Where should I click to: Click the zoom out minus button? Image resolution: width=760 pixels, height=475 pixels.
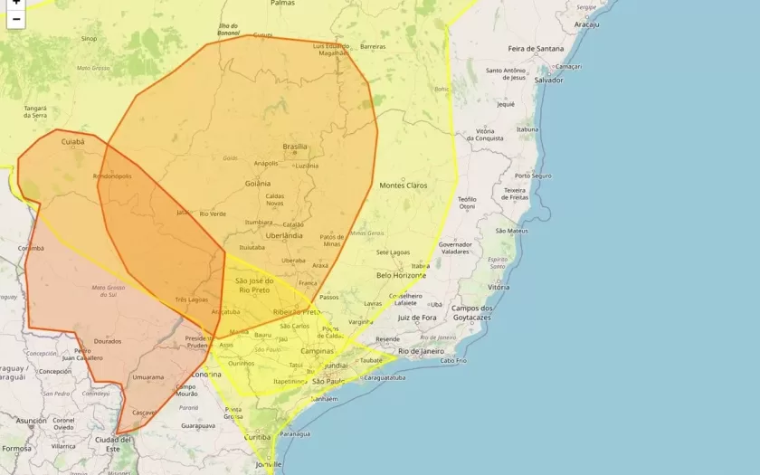pos(15,19)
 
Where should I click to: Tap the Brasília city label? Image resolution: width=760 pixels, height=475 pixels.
pos(295,147)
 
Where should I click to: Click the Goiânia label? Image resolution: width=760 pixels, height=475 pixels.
pos(257,183)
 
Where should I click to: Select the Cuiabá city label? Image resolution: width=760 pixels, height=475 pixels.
pos(72,142)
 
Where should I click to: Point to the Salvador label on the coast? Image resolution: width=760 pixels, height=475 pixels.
pos(548,80)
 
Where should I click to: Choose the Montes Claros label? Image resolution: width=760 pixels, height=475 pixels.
pos(403,185)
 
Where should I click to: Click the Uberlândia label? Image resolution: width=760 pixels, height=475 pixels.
pos(284,235)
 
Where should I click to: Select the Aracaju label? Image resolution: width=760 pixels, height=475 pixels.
pos(586,24)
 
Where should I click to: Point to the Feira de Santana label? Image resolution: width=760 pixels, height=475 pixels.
pos(535,49)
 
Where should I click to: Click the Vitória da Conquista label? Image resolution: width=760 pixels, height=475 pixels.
pos(490,135)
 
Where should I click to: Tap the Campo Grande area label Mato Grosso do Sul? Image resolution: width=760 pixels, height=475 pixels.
pos(109,291)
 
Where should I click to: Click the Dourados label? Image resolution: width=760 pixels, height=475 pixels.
pos(107,341)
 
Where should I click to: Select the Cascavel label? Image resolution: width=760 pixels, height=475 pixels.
pos(143,413)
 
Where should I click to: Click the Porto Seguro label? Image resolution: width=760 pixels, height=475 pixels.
pos(533,176)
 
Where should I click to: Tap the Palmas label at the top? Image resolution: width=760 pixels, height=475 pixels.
pos(282,4)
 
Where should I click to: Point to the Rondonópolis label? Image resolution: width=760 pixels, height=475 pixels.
pos(112,176)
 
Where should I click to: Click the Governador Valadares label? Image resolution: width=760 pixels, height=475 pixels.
pos(455,248)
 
